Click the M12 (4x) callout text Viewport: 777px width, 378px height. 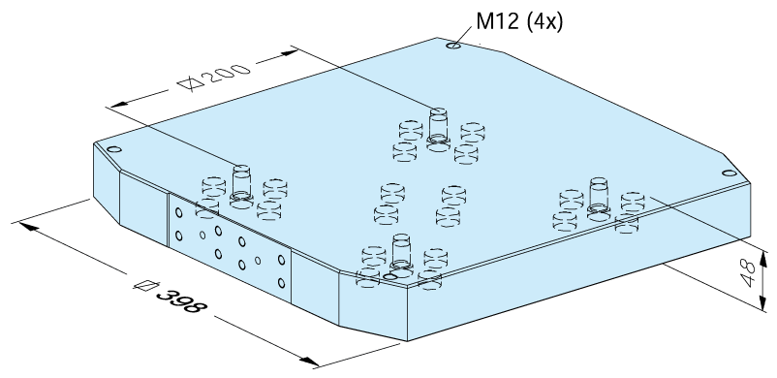(519, 22)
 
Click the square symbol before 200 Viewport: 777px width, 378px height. (191, 83)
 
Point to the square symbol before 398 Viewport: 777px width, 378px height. (146, 285)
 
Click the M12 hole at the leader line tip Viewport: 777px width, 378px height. (453, 46)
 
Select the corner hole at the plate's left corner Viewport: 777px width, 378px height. (114, 149)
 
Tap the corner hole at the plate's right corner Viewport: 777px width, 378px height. (729, 173)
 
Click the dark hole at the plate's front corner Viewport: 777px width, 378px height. (391, 276)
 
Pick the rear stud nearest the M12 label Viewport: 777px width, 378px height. (438, 129)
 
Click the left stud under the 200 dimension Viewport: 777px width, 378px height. (241, 186)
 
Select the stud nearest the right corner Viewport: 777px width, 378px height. (599, 199)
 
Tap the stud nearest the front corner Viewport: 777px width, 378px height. (401, 255)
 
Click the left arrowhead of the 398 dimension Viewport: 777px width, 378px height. (28, 226)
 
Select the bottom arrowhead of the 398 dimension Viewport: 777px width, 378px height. (309, 362)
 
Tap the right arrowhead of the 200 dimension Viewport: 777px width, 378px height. (287, 52)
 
